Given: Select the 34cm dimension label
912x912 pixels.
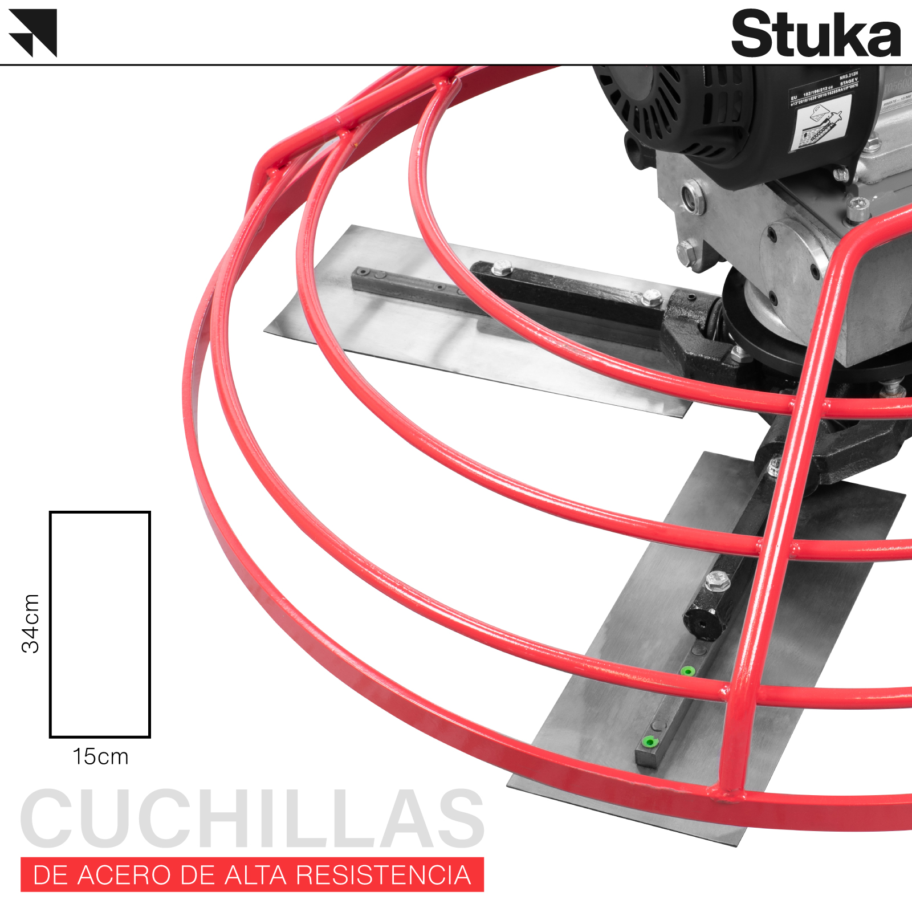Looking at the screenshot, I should (31, 623).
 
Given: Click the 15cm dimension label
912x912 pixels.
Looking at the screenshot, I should (100, 757).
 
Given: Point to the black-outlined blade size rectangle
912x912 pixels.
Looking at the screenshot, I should (100, 624).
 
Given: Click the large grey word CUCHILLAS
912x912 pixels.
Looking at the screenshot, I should (252, 819).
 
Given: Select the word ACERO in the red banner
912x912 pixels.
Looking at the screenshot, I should (124, 875).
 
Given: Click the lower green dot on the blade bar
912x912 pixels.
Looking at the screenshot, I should (648, 742).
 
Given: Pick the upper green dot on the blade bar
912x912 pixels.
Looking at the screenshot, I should (688, 671).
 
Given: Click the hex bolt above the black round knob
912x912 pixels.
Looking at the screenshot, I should (717, 581).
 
